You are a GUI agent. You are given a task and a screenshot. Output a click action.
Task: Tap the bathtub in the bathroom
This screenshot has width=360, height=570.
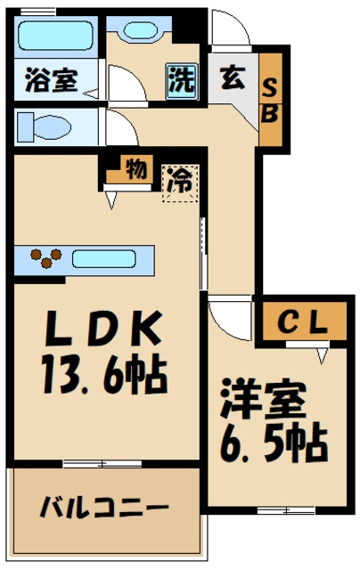click(x=55, y=39)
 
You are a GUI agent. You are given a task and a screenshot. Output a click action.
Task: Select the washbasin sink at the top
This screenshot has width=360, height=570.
click(x=140, y=31)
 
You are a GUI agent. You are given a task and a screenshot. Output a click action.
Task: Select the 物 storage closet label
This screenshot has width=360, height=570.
click(x=135, y=167)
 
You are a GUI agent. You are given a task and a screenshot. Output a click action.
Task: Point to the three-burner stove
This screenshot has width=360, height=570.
click(x=43, y=259)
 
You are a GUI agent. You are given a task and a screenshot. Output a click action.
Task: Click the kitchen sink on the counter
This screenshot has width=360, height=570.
click(x=102, y=260)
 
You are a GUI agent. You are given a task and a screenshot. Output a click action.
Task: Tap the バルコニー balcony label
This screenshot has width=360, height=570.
click(x=104, y=509)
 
